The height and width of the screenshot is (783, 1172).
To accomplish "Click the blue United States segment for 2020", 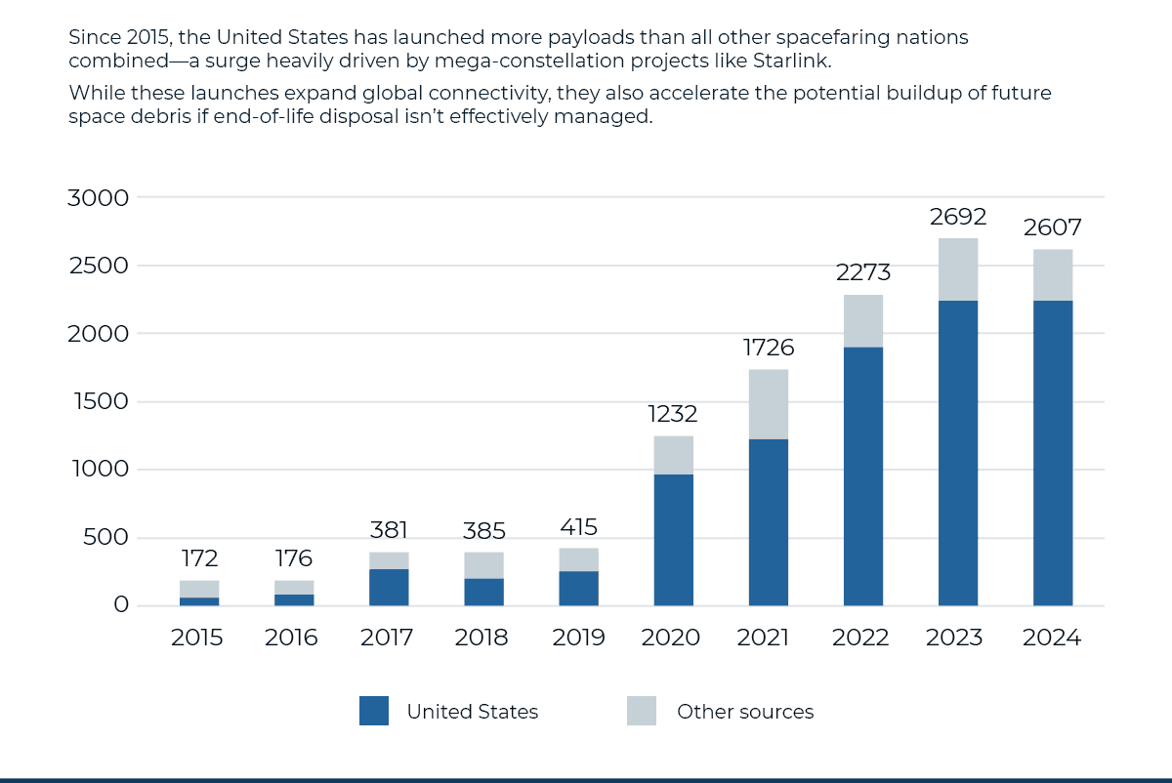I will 673,540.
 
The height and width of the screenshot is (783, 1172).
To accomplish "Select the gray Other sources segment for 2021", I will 769,404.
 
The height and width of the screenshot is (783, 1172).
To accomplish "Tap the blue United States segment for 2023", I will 958,453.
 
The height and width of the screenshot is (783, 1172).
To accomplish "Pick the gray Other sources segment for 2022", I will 863,321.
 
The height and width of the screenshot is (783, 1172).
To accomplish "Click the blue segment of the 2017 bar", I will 389,588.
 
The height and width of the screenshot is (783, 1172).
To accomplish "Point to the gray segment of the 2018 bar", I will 483,565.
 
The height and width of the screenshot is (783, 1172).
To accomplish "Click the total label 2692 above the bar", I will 958,217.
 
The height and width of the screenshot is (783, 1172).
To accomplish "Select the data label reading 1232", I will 673,414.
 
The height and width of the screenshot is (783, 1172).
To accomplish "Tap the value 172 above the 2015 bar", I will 199,559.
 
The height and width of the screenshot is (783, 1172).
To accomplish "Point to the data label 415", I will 578,528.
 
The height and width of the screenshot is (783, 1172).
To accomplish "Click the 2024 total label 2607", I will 1053,228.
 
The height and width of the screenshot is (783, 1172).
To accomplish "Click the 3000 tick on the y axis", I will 98,198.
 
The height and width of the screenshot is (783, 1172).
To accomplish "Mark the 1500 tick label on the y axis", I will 98,401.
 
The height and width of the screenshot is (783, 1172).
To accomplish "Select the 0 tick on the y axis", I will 120,605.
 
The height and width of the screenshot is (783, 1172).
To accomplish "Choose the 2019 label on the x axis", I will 578,639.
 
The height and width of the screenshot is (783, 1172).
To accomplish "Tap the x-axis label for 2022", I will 860,639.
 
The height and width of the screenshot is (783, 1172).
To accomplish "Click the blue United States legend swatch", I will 374,711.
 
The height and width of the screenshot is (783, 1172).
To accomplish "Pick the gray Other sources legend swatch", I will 642,711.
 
